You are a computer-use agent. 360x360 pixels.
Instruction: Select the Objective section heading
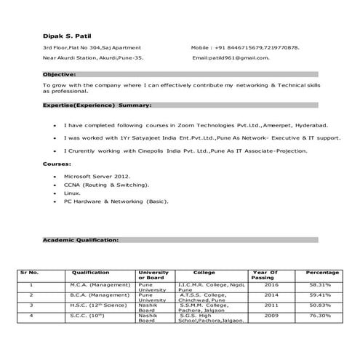[x=59, y=74]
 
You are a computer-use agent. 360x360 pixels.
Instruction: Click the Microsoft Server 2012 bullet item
[x=97, y=177]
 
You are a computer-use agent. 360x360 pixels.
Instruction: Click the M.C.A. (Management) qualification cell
[x=95, y=285]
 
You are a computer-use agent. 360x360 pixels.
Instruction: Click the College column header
[x=204, y=273]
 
